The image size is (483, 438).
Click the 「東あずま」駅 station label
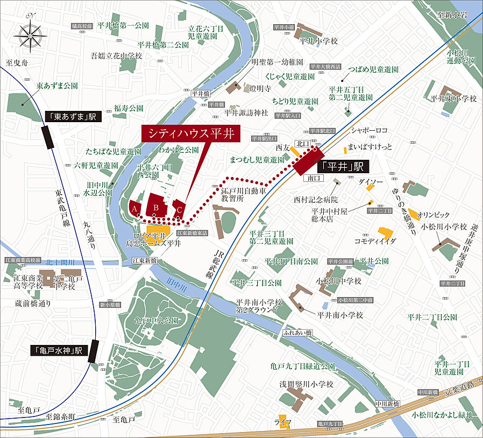[70, 117]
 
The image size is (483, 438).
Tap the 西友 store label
[283, 146]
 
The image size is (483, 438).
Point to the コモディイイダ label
[375, 241]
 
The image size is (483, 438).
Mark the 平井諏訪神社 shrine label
[246, 112]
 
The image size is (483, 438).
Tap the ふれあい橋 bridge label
[298, 332]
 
